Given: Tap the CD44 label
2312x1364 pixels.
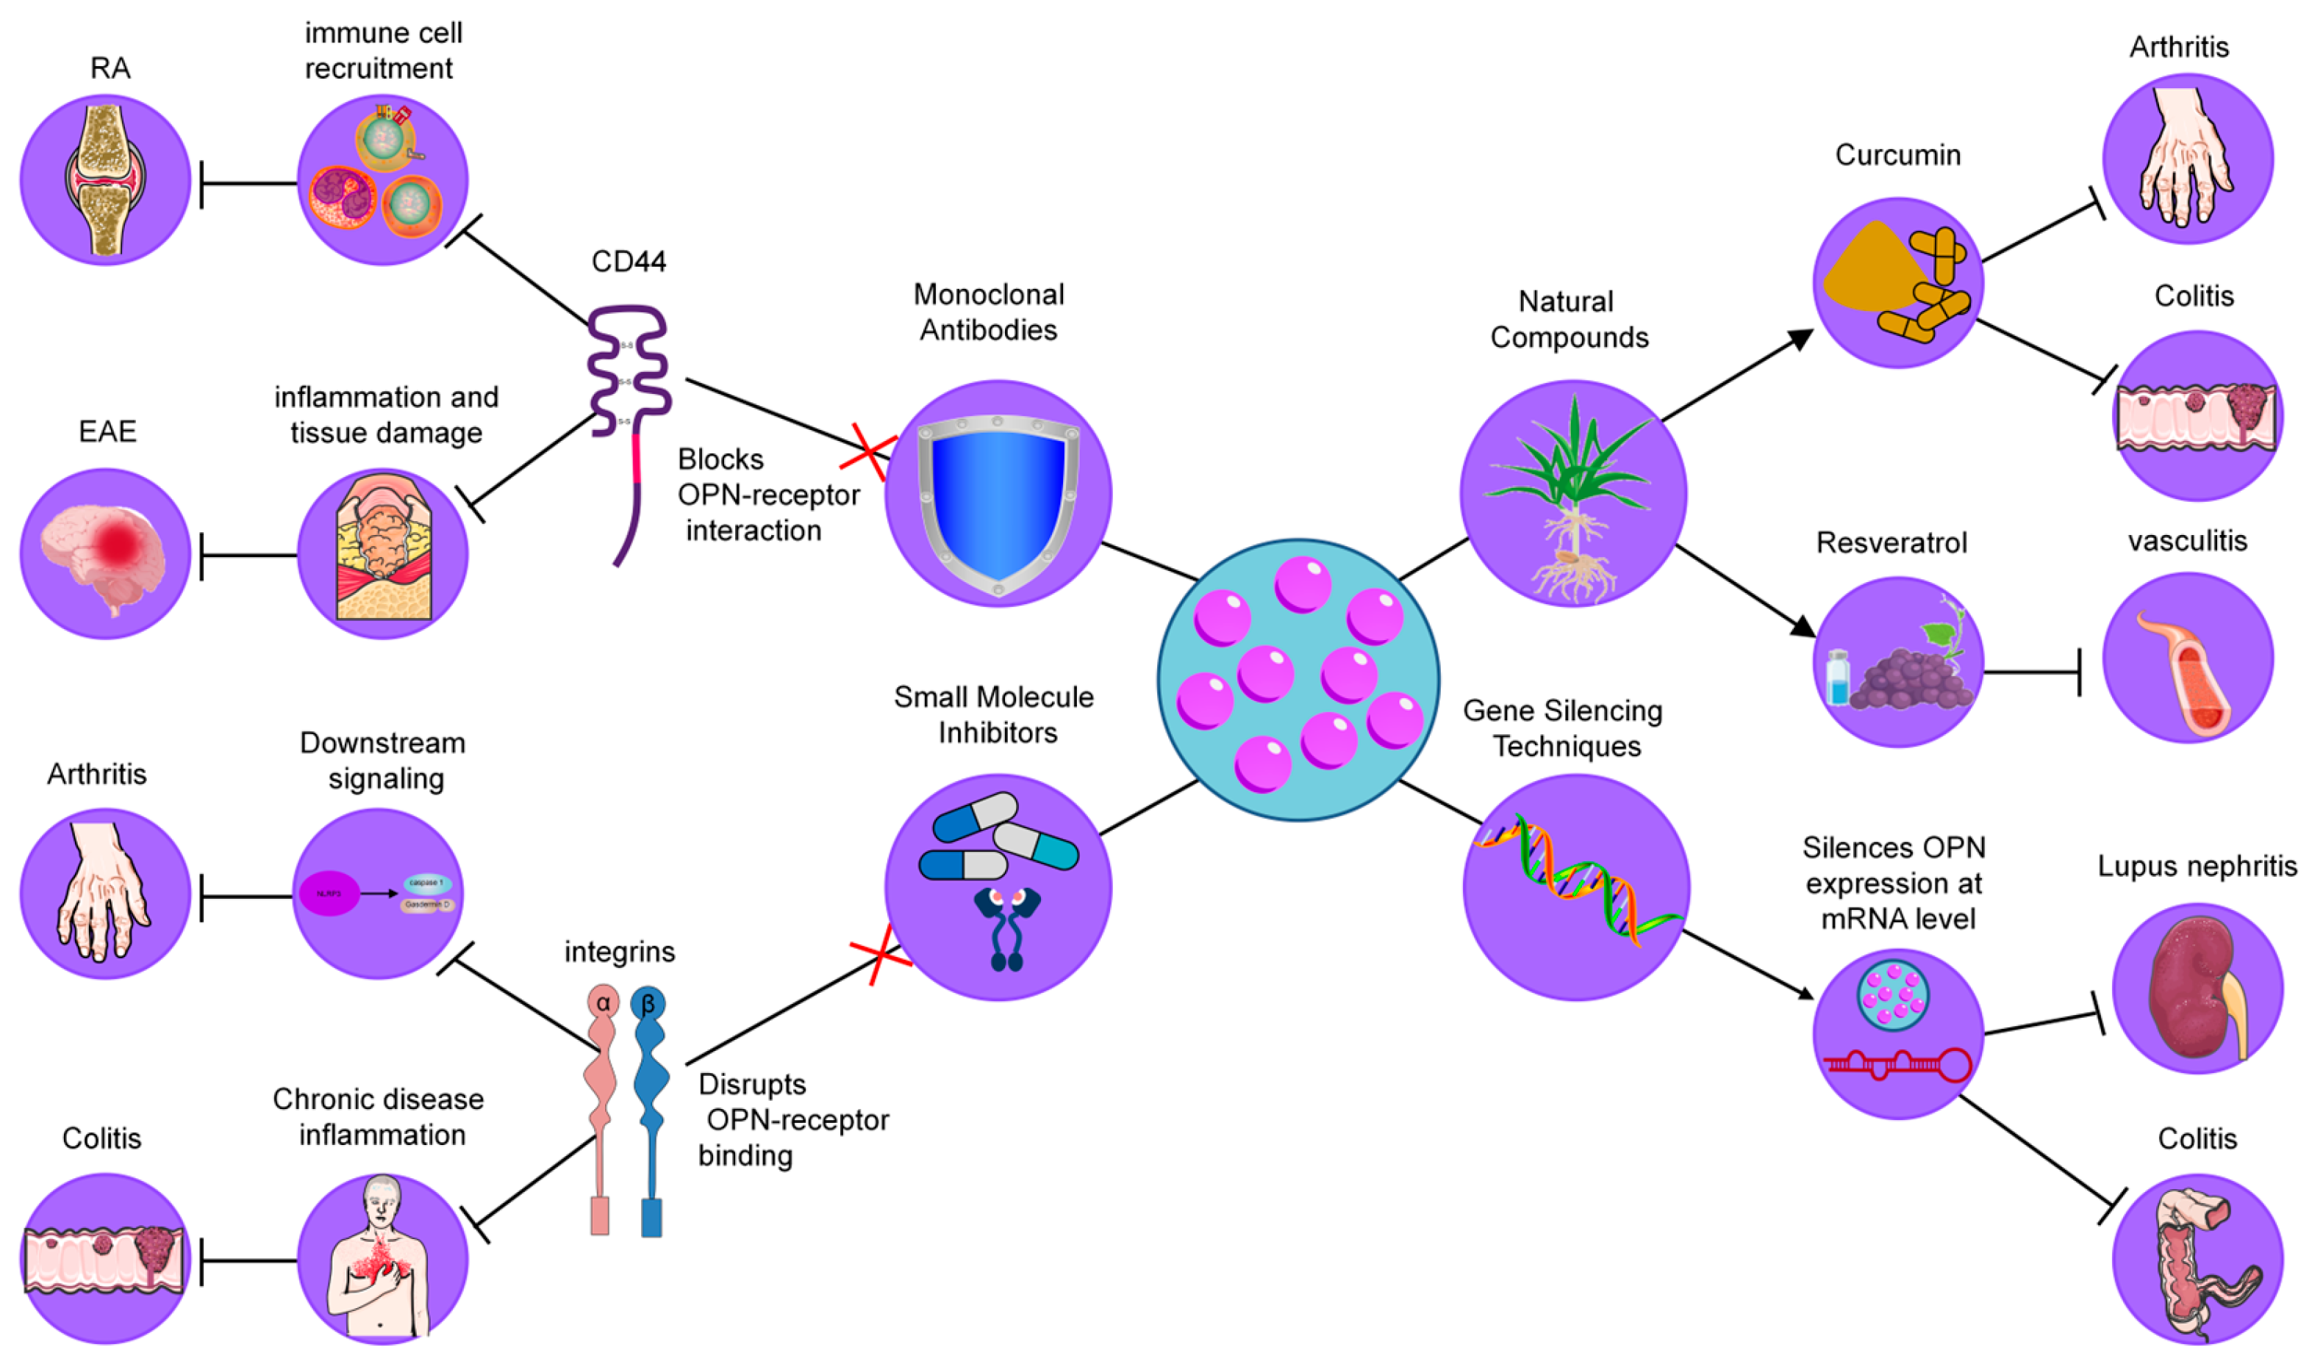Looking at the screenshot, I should coord(629,262).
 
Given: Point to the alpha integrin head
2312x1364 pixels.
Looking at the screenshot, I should coord(603,1002).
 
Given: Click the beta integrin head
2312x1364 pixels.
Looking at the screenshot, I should coord(648,1002).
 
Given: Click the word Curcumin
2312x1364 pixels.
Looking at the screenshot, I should coord(1897,155).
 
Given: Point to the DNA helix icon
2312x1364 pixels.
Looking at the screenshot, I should coord(1577,883).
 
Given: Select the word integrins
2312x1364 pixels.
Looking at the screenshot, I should coord(620,952).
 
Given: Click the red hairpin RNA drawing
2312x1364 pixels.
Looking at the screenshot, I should coord(1898,1066).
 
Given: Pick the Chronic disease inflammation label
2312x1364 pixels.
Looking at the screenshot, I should coord(379,1117).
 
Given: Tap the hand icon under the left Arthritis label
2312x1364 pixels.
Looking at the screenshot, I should coord(103,891).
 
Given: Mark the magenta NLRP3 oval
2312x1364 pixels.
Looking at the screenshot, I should coord(329,894).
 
